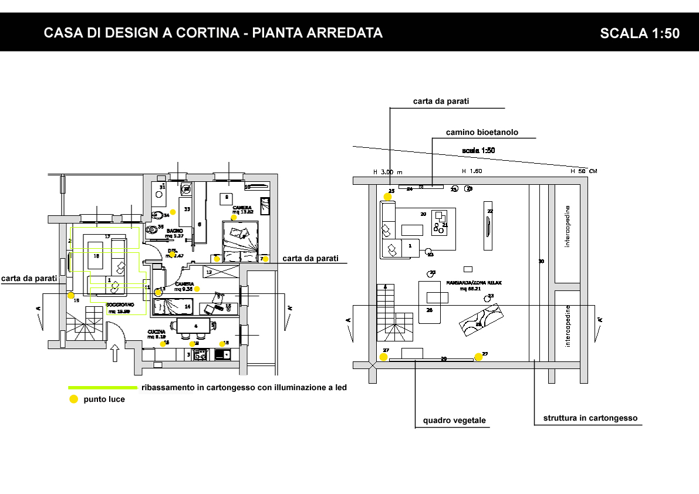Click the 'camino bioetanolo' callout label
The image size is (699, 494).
pos(482,133)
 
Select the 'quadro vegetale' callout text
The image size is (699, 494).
pos(454,421)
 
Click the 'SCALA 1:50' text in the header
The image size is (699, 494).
pos(640,33)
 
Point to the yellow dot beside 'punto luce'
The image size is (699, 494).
pos(73,399)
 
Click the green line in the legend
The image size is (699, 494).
pos(103,387)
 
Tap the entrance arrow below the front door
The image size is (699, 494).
pos(115,353)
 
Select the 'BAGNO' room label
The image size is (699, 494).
pos(174,231)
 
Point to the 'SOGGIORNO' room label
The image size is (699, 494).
pos(120,305)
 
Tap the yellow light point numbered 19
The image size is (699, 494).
pos(71,296)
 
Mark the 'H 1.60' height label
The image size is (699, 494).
pos(472,171)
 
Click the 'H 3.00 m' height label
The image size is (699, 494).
pos(388,172)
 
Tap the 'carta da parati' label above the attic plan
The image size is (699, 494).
pos(441,101)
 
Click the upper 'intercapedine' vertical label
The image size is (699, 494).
pos(567,226)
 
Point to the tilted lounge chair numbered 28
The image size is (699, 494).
pos(480,320)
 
